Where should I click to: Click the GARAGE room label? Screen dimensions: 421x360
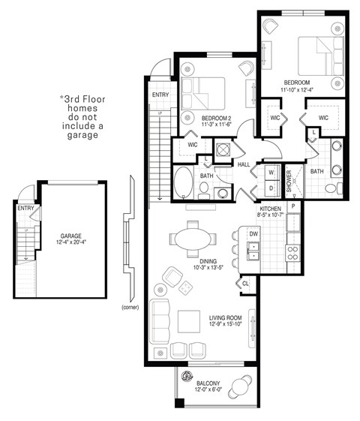click(71, 239)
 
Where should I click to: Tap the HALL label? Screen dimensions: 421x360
click(244, 164)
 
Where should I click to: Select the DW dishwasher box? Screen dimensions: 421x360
click(253, 233)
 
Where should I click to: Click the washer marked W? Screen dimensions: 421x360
click(270, 172)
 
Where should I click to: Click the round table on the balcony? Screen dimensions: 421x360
click(240, 387)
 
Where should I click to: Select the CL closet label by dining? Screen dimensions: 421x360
click(245, 284)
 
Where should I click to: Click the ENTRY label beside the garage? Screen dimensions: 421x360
click(25, 209)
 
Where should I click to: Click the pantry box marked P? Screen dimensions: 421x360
click(294, 206)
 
